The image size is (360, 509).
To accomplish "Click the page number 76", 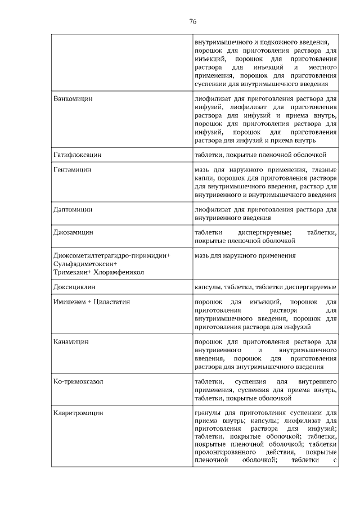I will coord(192,22).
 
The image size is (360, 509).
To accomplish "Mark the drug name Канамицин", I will coord(71,341).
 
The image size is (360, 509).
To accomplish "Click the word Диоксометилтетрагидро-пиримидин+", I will coord(112,255).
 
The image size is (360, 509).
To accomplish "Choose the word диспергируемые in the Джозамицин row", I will coord(264,232).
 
